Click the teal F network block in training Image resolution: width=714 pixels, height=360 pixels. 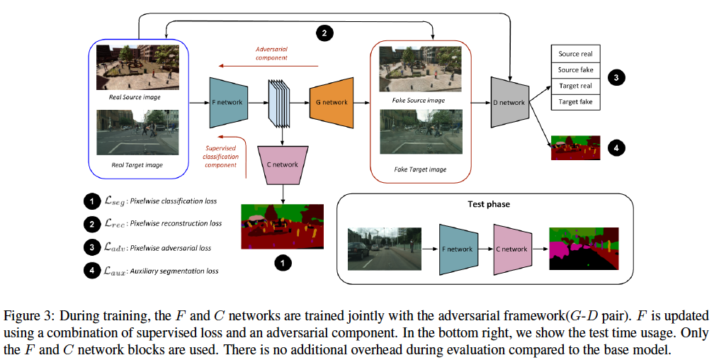(x=227, y=102)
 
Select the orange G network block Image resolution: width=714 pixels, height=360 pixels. (x=330, y=102)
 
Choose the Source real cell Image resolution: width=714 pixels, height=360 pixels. (x=575, y=54)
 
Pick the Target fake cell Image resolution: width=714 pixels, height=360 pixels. (x=575, y=102)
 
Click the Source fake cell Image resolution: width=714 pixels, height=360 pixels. (x=575, y=70)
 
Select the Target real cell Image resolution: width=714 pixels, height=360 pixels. (x=575, y=86)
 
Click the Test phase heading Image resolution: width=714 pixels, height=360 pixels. (x=488, y=204)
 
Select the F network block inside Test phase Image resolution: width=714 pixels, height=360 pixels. (x=458, y=249)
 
